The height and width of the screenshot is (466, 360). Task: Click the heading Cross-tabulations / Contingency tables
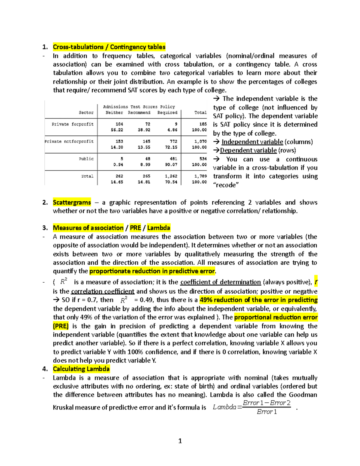click(109, 47)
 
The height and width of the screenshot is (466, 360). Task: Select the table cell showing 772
click(173, 141)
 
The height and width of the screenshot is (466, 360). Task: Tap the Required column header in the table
click(167, 113)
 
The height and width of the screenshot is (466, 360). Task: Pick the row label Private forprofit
click(73, 124)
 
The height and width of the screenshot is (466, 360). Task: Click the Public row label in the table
click(86, 159)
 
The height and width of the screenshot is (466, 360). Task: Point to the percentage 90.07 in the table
click(171, 164)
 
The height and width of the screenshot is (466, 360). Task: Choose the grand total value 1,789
click(200, 176)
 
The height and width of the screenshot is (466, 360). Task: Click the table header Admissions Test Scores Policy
click(139, 107)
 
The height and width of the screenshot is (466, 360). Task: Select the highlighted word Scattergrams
click(72, 203)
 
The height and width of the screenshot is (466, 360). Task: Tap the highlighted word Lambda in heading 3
click(159, 228)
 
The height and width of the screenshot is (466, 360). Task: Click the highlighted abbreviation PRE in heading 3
click(135, 228)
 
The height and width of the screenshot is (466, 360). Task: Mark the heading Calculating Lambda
click(81, 369)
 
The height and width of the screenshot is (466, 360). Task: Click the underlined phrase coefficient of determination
click(220, 282)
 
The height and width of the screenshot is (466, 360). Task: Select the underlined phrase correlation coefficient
click(103, 291)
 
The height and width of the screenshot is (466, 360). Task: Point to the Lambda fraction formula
click(252, 407)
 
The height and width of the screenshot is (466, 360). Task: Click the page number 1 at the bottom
click(180, 441)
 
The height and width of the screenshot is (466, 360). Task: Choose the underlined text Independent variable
click(252, 142)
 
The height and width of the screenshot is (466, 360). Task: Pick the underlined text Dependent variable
click(248, 150)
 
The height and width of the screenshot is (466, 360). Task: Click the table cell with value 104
click(119, 124)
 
